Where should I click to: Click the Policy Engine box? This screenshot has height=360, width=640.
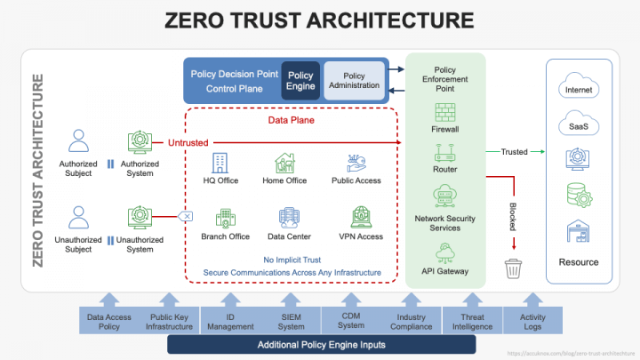tap(300, 81)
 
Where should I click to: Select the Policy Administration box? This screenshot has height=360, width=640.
tap(354, 81)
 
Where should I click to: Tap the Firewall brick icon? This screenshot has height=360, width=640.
tap(445, 112)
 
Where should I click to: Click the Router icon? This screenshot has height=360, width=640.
tap(445, 154)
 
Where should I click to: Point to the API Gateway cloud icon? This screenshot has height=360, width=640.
tap(445, 248)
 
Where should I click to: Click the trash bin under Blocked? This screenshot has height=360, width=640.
tap(513, 268)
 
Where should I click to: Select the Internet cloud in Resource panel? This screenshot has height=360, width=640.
tap(578, 90)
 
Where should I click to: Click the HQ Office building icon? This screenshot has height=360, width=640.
tap(220, 163)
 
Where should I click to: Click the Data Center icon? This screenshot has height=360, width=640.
tap(289, 218)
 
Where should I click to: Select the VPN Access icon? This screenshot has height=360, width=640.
tap(362, 218)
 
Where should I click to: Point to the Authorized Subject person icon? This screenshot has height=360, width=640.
tap(78, 142)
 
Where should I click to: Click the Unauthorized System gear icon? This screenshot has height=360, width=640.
tap(140, 217)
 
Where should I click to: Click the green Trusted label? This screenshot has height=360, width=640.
tap(514, 152)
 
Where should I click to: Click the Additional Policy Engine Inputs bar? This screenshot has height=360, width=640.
tap(321, 344)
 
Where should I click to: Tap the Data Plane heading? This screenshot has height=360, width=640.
tap(291, 119)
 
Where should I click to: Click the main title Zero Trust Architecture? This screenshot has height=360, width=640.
tap(319, 20)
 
